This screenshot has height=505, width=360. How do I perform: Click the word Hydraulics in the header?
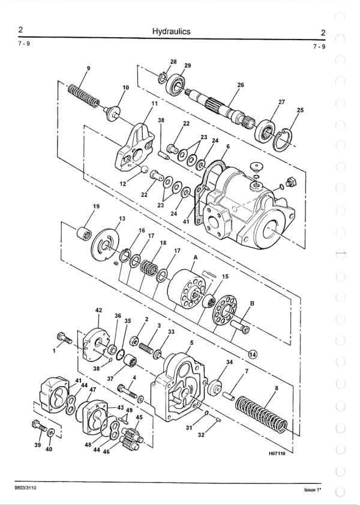171,32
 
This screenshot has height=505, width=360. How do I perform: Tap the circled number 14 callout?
253,355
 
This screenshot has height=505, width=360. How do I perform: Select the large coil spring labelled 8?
261,414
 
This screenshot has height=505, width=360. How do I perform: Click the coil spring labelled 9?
83,95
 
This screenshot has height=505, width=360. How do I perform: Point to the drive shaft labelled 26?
220,107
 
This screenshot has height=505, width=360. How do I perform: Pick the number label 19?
96,207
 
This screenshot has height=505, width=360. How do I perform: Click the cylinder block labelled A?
187,288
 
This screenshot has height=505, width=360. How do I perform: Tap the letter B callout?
252,303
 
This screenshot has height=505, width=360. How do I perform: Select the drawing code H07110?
277,453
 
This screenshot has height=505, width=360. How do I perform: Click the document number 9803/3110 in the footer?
25,488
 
